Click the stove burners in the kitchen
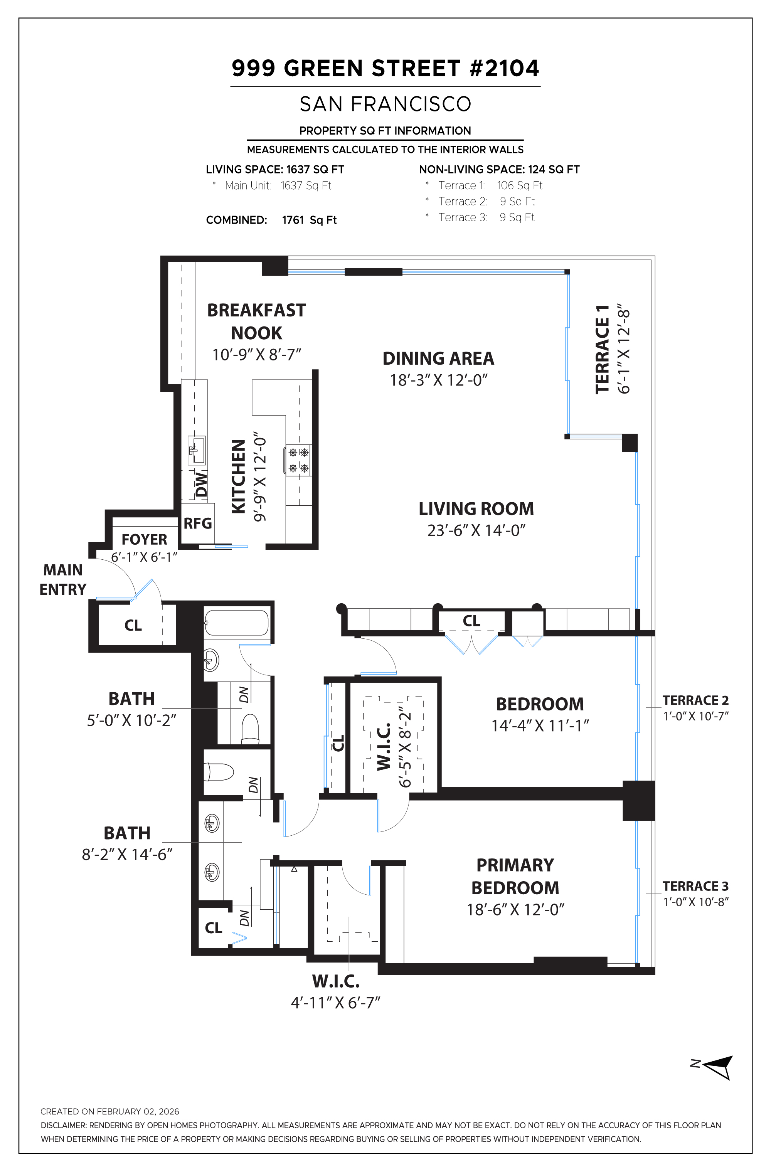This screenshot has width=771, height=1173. [x=298, y=460]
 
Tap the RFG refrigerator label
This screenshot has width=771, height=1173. [x=198, y=523]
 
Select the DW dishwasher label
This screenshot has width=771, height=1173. [x=201, y=484]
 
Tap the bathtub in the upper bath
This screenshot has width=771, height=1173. [x=237, y=623]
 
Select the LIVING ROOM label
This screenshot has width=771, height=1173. [x=476, y=508]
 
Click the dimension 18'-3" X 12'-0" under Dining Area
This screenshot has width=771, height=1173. [x=439, y=380]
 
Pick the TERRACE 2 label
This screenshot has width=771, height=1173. [x=695, y=700]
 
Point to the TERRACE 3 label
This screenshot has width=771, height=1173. [x=695, y=886]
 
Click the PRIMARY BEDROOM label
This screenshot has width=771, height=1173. [x=515, y=876]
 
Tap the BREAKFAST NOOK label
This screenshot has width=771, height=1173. [x=256, y=321]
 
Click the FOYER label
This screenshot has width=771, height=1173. [x=145, y=539]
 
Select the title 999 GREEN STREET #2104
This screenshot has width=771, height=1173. [x=385, y=68]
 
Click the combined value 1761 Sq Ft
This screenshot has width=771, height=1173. [x=309, y=220]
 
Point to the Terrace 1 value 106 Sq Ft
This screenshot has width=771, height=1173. [x=520, y=185]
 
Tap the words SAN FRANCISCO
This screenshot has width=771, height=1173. [x=385, y=104]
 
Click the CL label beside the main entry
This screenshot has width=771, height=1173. [x=133, y=625]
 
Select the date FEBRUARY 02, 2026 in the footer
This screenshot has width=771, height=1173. [x=138, y=1111]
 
